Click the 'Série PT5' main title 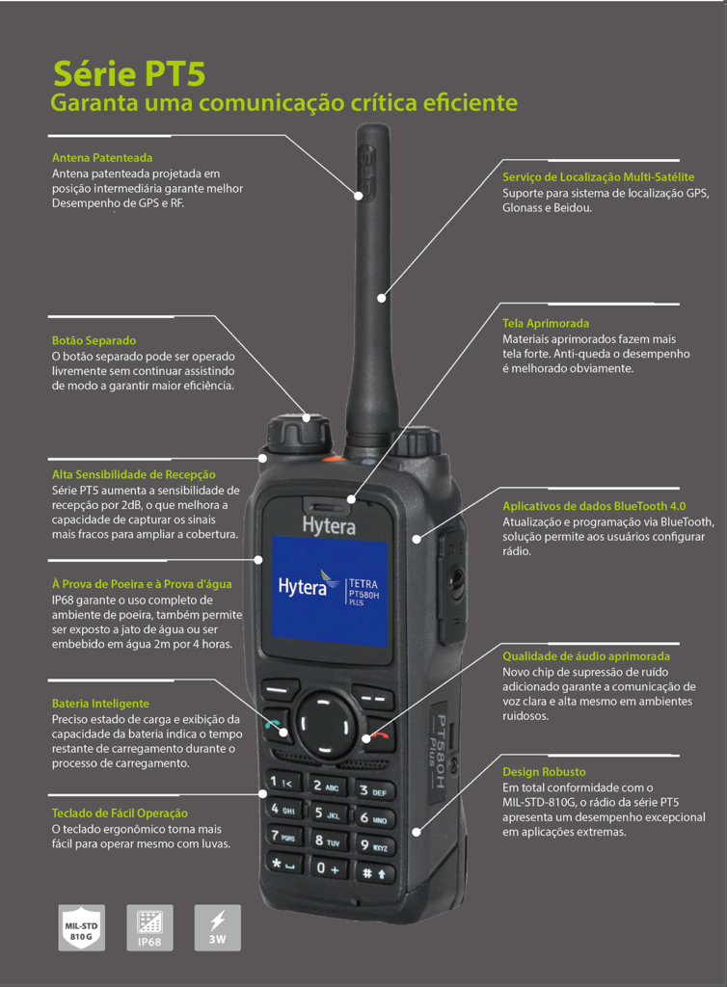129,73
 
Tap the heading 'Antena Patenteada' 102,158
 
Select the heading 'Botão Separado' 94,340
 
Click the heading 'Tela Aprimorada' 546,324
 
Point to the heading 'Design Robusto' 544,772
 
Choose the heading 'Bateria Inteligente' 100,704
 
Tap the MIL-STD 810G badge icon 82,928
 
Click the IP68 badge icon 149,928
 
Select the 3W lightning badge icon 218,928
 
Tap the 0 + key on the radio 328,868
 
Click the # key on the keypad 375,872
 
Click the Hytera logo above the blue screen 329,525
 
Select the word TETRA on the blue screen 363,584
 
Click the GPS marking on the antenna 364,170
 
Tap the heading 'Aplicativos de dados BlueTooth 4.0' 594,506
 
